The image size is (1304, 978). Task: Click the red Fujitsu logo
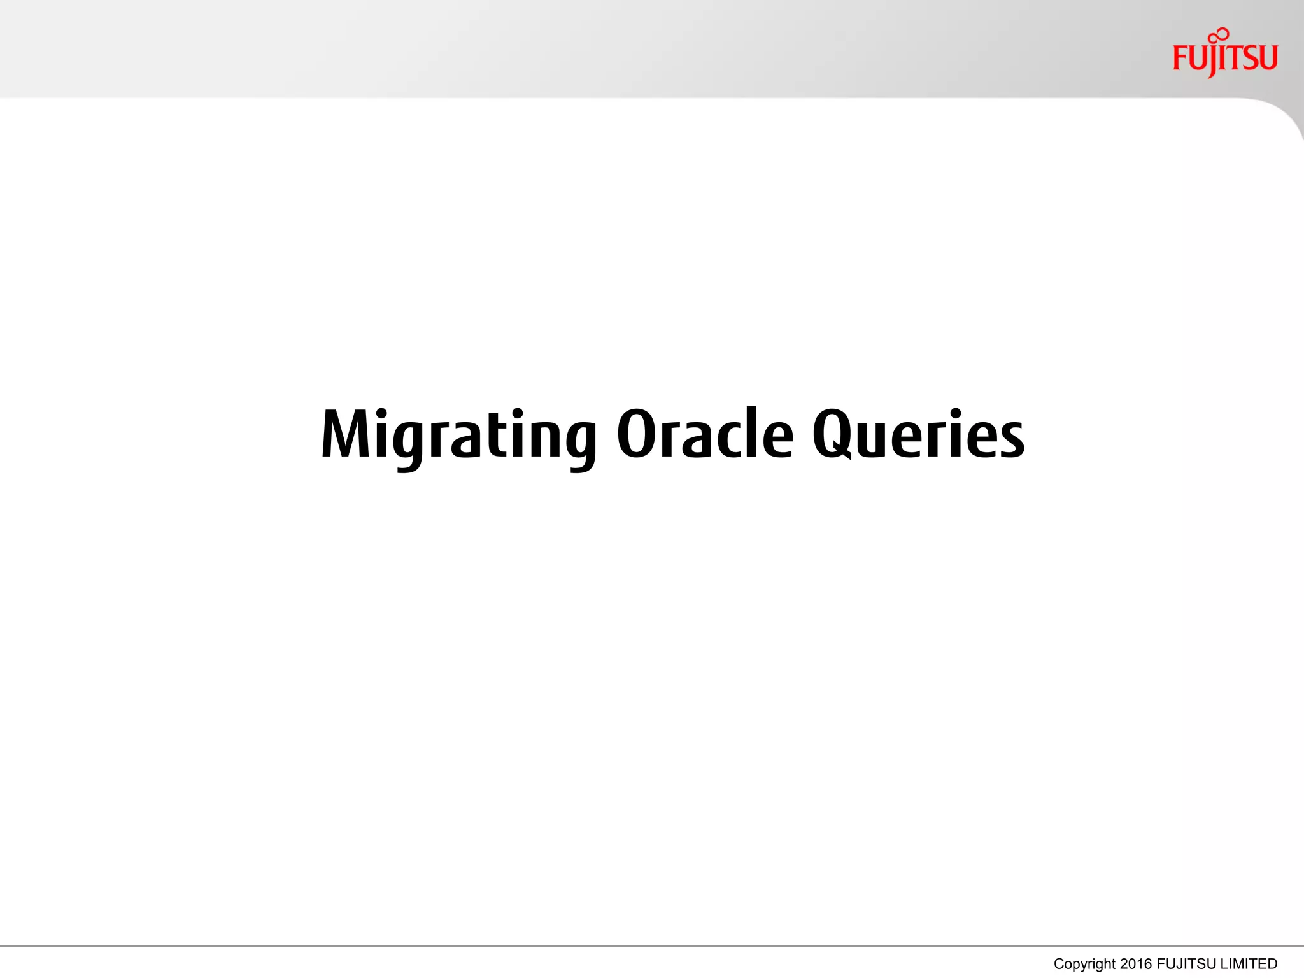[1224, 56]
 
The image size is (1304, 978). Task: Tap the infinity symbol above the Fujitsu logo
[1219, 36]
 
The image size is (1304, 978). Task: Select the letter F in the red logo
[1180, 59]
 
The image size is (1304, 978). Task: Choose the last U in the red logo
[1268, 58]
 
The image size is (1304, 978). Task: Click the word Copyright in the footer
[1084, 964]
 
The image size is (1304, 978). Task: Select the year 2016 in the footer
[1137, 964]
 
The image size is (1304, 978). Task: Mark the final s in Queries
[1010, 442]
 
